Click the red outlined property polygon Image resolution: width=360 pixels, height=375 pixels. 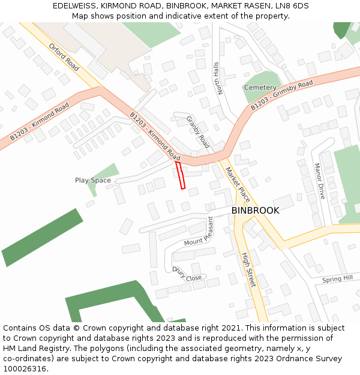point(180,175)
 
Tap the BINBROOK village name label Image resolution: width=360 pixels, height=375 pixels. point(255,211)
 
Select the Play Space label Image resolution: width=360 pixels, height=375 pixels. point(92,180)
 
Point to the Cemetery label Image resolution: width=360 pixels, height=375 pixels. point(260,88)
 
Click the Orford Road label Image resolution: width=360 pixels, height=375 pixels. point(64,57)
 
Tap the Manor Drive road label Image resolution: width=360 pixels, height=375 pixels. point(319,181)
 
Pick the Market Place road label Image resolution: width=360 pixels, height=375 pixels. point(238,184)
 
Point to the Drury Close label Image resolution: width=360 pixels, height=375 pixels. point(187,274)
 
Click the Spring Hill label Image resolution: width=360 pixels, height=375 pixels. point(337,279)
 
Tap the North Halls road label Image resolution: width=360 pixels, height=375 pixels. point(218,78)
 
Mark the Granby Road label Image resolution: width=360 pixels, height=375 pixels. point(197,132)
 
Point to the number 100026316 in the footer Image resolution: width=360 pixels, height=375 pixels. point(25,369)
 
